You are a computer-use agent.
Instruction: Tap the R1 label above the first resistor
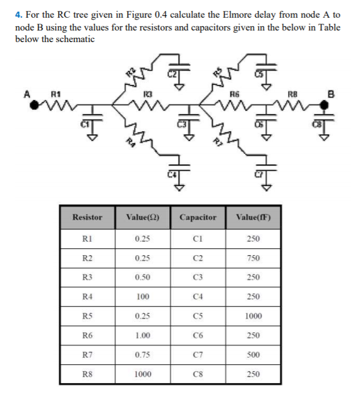(x=56, y=94)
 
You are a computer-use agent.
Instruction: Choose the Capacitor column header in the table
(x=198, y=217)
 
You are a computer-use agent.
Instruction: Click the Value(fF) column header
(x=253, y=217)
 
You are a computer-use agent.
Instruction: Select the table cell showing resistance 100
(x=143, y=297)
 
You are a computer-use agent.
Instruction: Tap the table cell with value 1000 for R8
(x=143, y=374)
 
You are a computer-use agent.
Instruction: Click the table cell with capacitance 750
(x=253, y=258)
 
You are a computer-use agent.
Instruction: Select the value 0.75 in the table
(x=143, y=355)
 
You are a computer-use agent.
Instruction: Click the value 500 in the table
(x=253, y=355)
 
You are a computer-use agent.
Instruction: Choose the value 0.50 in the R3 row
(x=143, y=277)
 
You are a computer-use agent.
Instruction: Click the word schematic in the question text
(x=76, y=39)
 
